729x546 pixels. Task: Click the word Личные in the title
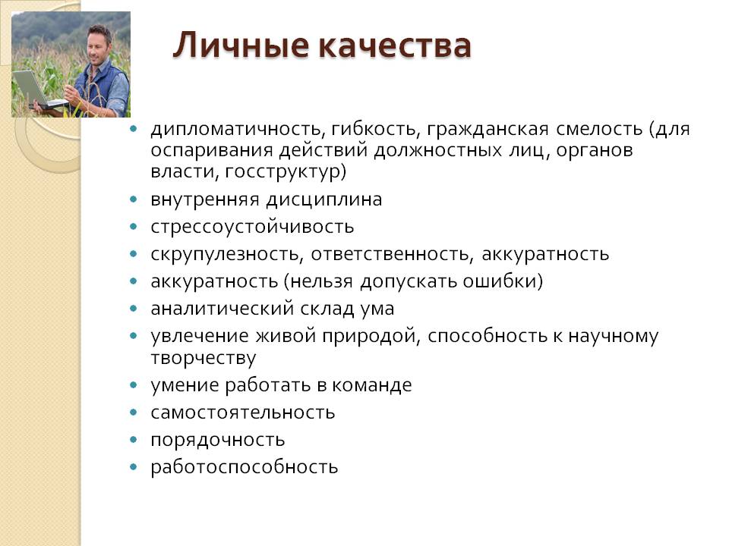(x=241, y=45)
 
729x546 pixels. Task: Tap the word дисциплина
(x=324, y=200)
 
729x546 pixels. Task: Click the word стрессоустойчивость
(x=252, y=227)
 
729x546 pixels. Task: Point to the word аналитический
(x=222, y=309)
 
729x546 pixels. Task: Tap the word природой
(x=371, y=336)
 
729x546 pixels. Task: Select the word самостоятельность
(x=243, y=413)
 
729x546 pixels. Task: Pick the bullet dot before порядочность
(x=134, y=439)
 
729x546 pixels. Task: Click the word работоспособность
(x=244, y=467)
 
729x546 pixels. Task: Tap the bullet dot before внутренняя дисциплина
(x=134, y=199)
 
